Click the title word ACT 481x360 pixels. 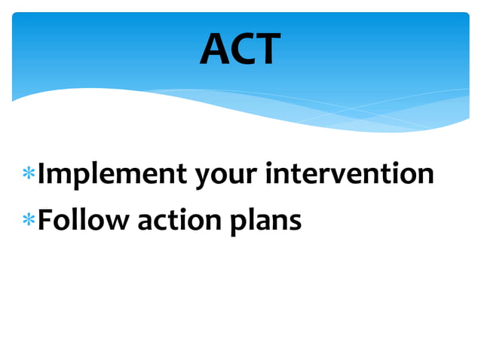point(240,50)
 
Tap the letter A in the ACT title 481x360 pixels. point(215,50)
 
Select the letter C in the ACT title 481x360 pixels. point(242,50)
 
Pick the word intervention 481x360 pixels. point(350,173)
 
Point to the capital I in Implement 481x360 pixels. point(43,173)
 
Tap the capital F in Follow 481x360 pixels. point(45,220)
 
